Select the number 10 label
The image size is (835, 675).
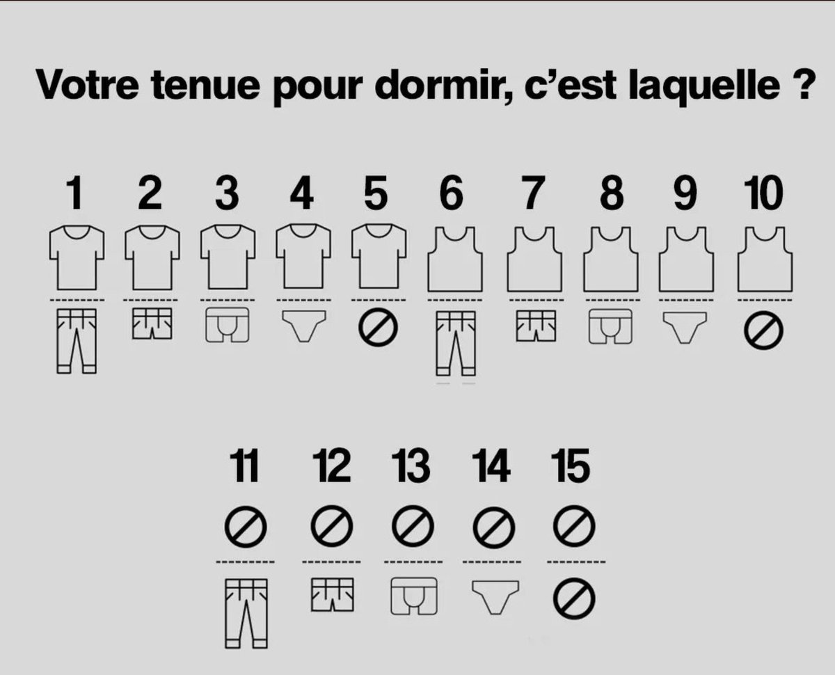tap(763, 193)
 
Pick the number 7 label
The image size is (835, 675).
tap(534, 193)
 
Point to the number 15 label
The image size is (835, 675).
tap(571, 466)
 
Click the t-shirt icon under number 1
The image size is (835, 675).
tap(77, 257)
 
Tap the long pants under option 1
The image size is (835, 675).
tap(77, 341)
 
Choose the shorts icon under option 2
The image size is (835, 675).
tap(152, 324)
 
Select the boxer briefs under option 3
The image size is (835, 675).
tap(228, 325)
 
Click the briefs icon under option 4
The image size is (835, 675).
tap(303, 326)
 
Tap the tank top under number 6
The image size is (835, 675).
tap(455, 259)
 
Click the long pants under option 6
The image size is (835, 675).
tap(456, 344)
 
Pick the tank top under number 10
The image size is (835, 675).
tap(765, 259)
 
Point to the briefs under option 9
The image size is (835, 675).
tap(685, 328)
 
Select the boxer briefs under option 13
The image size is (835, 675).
tap(414, 596)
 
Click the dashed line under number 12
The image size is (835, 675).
tap(331, 562)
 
